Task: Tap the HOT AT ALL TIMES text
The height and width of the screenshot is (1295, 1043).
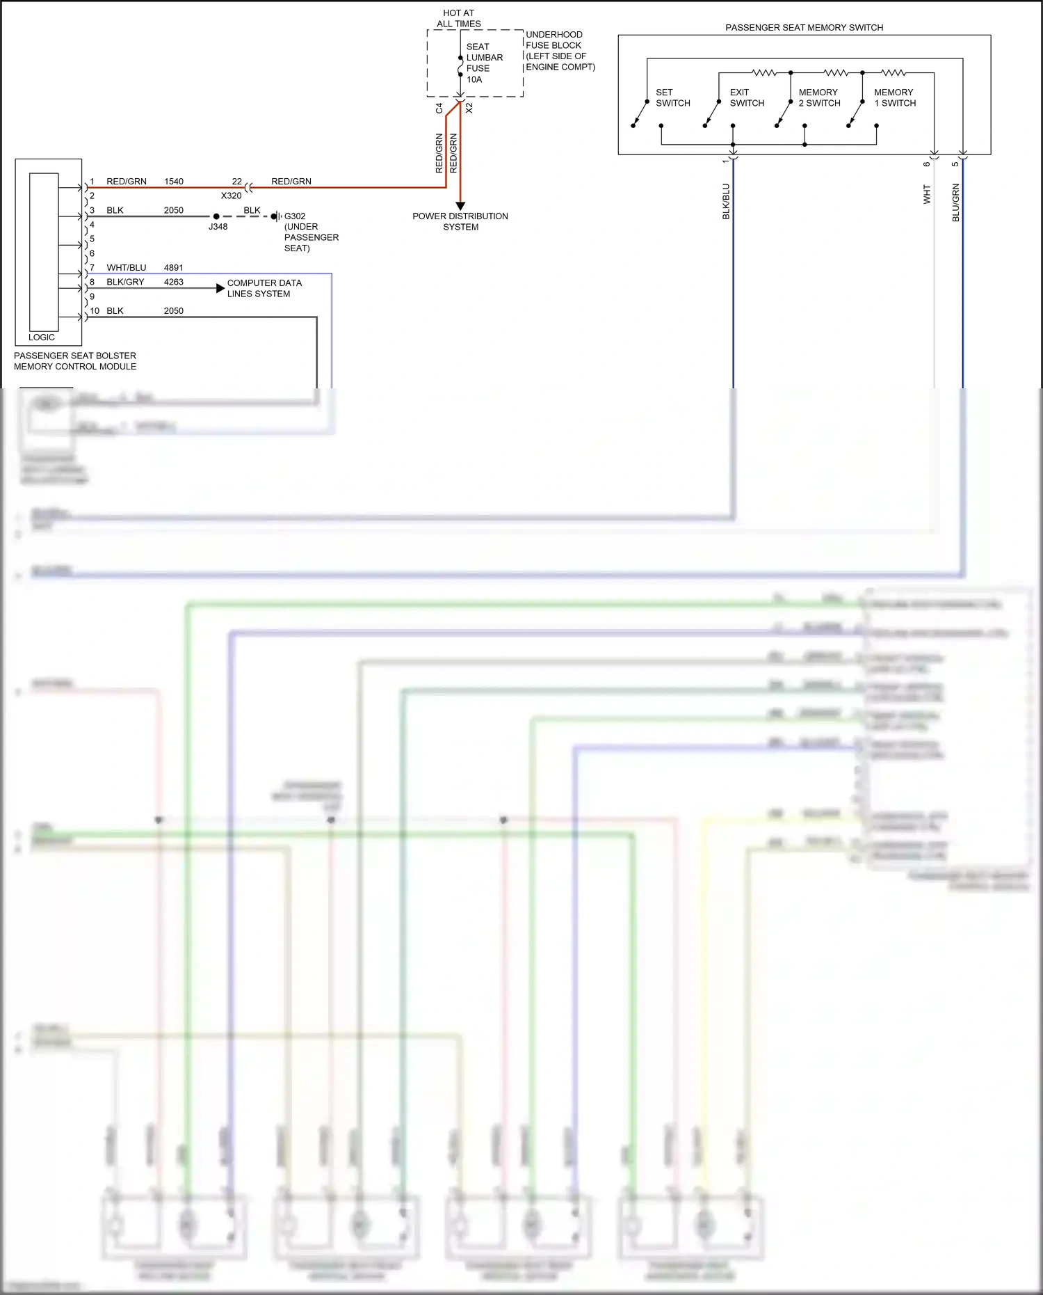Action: tap(458, 18)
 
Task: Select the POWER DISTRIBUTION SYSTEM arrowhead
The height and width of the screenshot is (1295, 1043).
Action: tap(460, 206)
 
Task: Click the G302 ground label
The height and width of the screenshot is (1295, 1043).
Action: tap(295, 216)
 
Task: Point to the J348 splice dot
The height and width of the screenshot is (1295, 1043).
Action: tap(216, 216)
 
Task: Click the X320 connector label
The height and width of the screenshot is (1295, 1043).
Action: tap(231, 196)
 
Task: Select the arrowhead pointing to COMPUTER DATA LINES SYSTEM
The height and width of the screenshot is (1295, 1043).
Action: tap(220, 288)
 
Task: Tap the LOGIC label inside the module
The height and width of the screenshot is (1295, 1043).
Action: tap(42, 337)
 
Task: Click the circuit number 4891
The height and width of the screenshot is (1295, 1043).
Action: tap(174, 268)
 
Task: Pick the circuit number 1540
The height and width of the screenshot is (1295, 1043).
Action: tap(174, 182)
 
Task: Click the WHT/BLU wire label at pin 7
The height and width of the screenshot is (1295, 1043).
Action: tap(127, 268)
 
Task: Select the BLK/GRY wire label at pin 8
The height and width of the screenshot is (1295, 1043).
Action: tap(125, 283)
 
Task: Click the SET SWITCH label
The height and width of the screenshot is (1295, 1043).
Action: tap(672, 97)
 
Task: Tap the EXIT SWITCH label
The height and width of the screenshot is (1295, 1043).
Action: tap(747, 97)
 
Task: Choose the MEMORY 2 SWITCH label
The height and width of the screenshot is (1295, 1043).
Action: tap(819, 97)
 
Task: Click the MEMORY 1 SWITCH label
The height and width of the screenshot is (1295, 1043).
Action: tap(895, 97)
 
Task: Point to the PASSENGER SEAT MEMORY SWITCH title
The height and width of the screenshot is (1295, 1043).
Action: tap(804, 28)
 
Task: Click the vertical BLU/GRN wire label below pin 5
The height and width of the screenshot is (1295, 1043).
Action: tap(956, 202)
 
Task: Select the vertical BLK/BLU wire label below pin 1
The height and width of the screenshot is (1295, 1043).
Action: tap(727, 202)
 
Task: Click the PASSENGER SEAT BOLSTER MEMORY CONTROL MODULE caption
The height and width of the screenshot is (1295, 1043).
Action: tap(75, 361)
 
